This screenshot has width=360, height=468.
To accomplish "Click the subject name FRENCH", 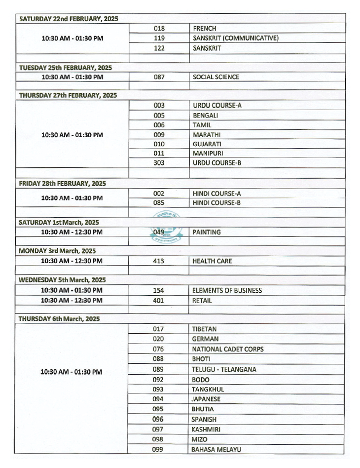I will click(x=205, y=29).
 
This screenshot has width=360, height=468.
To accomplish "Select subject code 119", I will click(x=159, y=38).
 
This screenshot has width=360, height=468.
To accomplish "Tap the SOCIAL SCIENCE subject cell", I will click(x=216, y=77).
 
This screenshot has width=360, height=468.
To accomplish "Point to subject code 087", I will click(x=159, y=77).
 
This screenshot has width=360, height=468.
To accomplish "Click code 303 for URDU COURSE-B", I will click(x=159, y=162).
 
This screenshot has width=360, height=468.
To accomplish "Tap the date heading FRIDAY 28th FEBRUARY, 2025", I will click(x=62, y=184).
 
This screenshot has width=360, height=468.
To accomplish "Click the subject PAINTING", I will click(x=207, y=232).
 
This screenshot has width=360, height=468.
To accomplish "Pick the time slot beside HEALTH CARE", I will click(x=72, y=261).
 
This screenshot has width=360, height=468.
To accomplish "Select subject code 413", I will click(x=158, y=261).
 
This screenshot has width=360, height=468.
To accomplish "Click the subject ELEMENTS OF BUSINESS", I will click(x=227, y=291).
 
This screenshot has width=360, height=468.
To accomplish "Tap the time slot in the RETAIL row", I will click(x=72, y=300).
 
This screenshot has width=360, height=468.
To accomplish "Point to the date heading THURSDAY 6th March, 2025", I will click(x=59, y=319).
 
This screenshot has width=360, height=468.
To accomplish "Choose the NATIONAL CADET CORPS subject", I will click(x=227, y=349).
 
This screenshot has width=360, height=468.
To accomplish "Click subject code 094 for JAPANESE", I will click(x=158, y=399).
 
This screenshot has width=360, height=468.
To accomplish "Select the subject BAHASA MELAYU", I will click(x=216, y=449).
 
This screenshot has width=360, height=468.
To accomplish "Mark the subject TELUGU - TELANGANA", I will click(x=224, y=369).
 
